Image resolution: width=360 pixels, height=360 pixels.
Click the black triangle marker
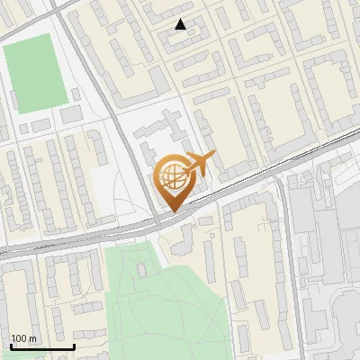[182, 24]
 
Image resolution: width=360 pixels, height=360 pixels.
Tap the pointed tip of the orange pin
[171, 211]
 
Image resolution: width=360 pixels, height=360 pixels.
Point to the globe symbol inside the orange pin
[171, 175]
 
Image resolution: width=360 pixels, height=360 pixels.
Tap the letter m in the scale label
[33, 338]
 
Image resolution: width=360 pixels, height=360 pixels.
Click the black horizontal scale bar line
[42, 346]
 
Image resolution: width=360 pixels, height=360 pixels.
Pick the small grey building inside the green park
[140, 268]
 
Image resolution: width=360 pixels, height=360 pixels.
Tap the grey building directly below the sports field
[72, 114]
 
